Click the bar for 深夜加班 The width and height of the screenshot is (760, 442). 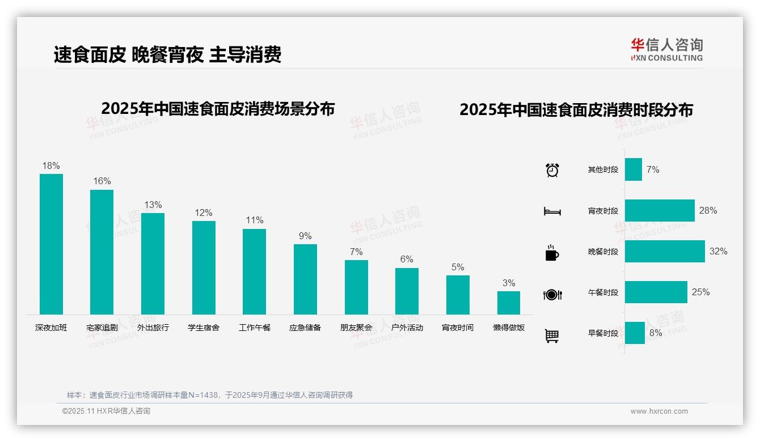pos(51,244)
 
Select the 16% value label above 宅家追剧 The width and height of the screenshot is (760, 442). pos(102,181)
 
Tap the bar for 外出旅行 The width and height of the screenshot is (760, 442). pos(153,263)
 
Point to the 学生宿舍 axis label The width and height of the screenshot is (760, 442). pos(204,328)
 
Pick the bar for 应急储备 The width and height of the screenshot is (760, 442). pos(305,279)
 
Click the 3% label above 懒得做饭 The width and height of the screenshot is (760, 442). pos(509,283)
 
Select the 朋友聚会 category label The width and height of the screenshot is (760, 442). pos(356,328)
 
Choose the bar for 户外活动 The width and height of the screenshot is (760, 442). pos(407,291)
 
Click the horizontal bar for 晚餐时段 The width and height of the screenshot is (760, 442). pos(665,251)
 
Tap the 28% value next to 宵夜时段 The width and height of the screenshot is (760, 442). pos(708,210)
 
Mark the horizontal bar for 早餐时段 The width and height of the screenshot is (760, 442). pos(635,333)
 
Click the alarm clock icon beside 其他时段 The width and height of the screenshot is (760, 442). pos(552,170)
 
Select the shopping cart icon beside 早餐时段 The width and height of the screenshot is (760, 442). pos(552,335)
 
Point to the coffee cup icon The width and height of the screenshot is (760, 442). pos(552,253)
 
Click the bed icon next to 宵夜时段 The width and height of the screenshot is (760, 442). pos(552,211)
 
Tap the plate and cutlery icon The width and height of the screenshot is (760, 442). pos(552,294)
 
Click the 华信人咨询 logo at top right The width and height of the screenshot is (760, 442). pos(666,49)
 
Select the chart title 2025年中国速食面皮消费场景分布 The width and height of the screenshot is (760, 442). pos(218,109)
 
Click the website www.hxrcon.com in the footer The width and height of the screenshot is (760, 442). pos(659,411)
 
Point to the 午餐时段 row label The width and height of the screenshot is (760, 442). pos(603,292)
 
